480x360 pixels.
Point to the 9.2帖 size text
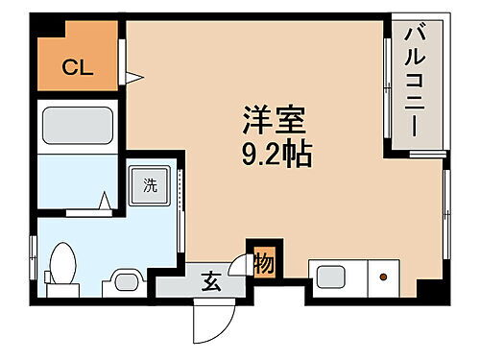[273, 156]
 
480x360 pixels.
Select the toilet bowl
[64, 263]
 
